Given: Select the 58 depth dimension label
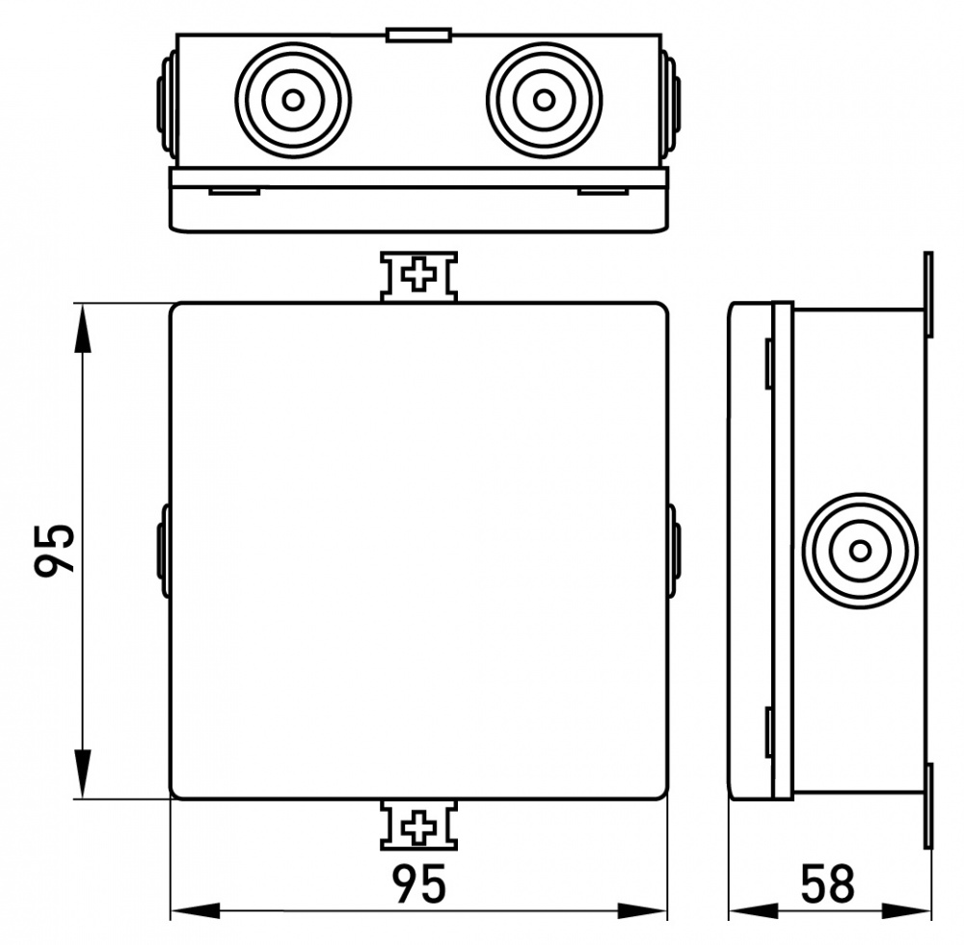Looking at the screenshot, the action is coord(828,884).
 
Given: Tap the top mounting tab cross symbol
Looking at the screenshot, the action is coord(418,274).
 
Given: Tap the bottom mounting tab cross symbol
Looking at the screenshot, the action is coord(418,827).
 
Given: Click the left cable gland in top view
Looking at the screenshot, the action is coord(293,99).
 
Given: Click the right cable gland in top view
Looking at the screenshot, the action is coord(544,99).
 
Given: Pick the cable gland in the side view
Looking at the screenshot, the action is coord(860,551).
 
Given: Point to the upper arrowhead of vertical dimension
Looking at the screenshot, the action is coord(82,328).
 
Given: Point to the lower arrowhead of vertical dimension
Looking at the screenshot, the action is coord(82,774).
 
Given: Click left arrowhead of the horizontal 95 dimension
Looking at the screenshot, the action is coord(195,910).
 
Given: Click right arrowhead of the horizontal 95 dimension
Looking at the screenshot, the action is coord(642,910).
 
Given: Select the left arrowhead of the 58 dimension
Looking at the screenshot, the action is coord(754,910).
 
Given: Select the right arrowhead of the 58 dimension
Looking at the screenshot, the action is coord(907,910).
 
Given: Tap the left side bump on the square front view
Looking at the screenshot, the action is coord(164,551).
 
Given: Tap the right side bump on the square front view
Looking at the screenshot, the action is coord(673,551).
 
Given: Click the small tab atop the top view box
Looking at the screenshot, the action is coord(418,35).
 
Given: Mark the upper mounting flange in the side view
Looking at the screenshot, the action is coord(928,294).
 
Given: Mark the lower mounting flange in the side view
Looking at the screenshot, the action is coord(928,807).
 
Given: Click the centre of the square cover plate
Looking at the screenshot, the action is coord(418,551).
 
